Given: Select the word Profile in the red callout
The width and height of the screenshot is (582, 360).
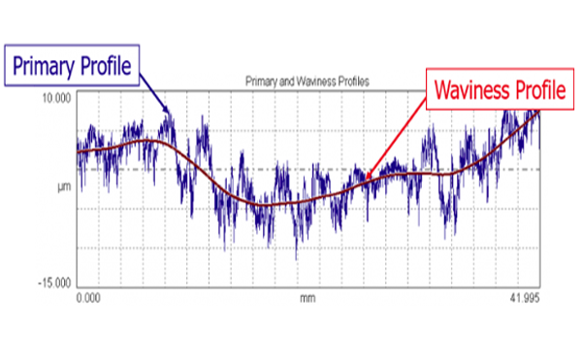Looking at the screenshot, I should [x=538, y=90].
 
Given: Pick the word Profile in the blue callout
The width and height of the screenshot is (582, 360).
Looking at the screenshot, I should [x=107, y=65].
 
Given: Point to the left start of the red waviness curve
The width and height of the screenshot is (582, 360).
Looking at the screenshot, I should [x=78, y=152].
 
